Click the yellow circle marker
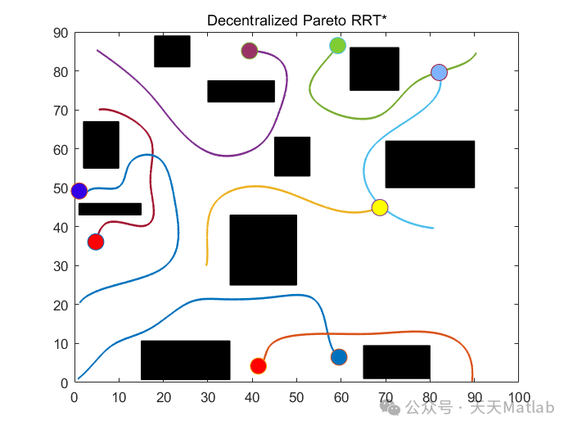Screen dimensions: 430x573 point(379,207)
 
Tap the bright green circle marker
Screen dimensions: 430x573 point(337,46)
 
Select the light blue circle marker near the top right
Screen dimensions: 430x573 point(439,72)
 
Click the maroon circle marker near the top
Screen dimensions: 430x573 point(249,51)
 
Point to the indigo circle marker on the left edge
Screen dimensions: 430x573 point(79,191)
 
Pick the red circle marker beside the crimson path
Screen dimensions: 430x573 point(95,242)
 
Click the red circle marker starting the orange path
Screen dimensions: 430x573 point(258,366)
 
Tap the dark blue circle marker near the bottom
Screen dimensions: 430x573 point(339,357)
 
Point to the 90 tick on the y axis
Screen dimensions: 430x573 point(60,33)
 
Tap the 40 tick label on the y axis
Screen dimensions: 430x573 point(60,227)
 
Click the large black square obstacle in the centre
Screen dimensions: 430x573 point(263,250)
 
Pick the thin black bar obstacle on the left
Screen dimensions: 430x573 point(110,209)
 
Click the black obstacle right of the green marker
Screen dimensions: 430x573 point(374,69)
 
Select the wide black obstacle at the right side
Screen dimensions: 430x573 point(430,164)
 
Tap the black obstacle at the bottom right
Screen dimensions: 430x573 point(396,362)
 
